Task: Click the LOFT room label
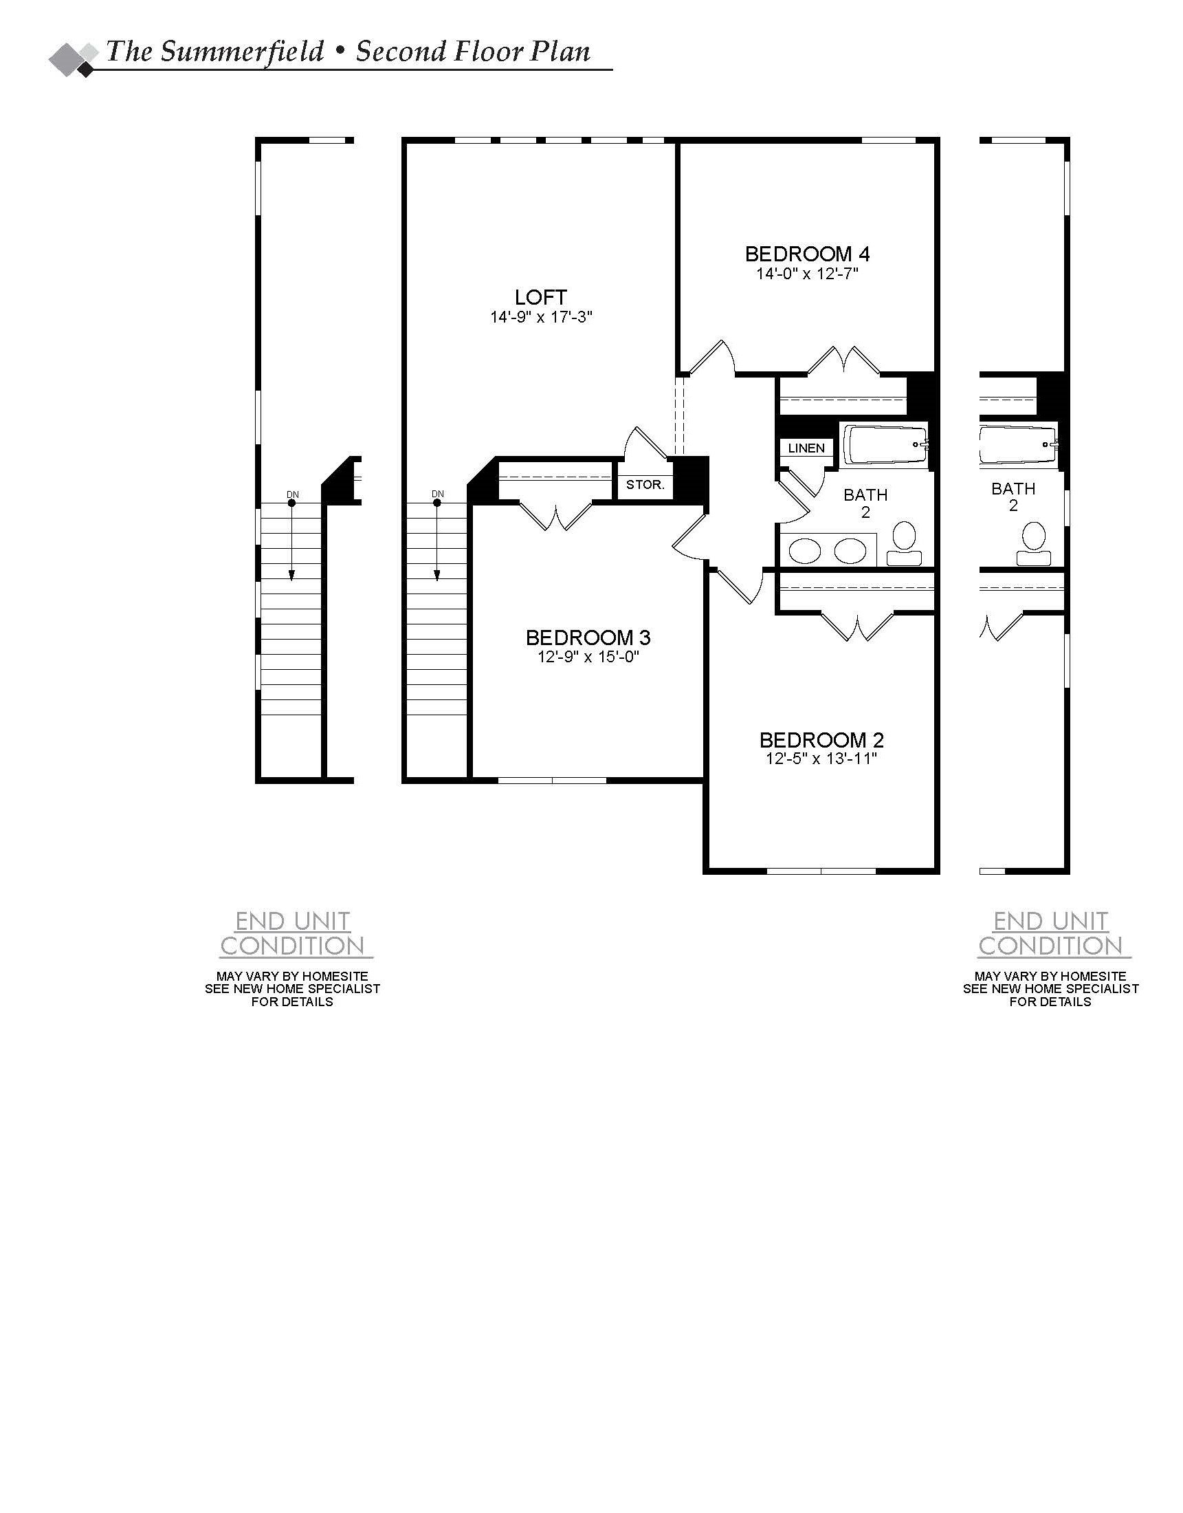tap(541, 297)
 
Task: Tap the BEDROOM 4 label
tap(808, 254)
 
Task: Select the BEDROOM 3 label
tap(588, 638)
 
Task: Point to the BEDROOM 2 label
tap(821, 740)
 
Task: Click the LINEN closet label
tap(806, 448)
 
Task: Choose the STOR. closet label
tap(645, 485)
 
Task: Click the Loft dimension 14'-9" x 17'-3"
tap(541, 317)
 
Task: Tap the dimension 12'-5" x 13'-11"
tap(821, 759)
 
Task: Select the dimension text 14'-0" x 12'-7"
tap(808, 274)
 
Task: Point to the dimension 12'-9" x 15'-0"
tap(588, 657)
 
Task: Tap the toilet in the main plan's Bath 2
tap(904, 545)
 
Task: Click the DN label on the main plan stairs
tap(437, 494)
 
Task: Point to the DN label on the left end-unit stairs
tap(292, 494)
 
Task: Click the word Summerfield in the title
tap(242, 52)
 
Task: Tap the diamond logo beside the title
tap(74, 60)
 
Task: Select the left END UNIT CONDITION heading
tap(292, 934)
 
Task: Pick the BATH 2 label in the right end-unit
tap(1013, 497)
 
